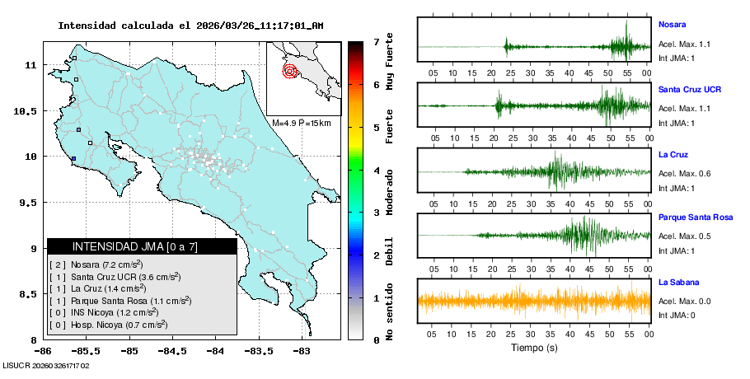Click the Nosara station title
coord(672,24)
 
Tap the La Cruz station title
coord(673,154)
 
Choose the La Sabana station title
coord(677,282)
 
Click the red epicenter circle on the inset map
coord(289,71)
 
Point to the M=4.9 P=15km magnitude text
coord(301,123)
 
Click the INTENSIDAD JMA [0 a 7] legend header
coord(142,246)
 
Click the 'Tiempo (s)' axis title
coord(534,348)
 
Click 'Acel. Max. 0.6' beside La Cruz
coord(684,173)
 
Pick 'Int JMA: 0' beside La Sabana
coord(677,315)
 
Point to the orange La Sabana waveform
coord(534,301)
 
